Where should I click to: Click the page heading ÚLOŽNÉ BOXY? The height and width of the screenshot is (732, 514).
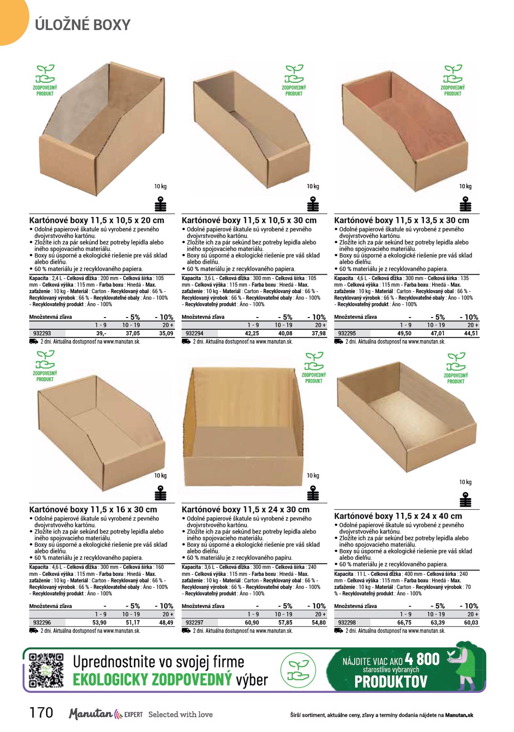pos(83,25)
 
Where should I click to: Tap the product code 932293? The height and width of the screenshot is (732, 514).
pos(42,333)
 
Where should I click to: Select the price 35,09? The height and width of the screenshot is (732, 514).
pos(166,333)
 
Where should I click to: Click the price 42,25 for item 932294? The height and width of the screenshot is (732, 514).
pos(252,333)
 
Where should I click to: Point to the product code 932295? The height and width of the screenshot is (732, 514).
pos(347,333)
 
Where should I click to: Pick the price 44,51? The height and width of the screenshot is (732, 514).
pos(471,333)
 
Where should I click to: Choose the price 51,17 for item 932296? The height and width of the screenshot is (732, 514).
pos(133,622)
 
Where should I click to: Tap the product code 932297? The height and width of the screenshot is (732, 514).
pos(194,622)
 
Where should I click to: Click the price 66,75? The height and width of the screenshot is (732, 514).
pos(404,622)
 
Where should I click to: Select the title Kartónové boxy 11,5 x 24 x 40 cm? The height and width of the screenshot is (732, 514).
pos(398,516)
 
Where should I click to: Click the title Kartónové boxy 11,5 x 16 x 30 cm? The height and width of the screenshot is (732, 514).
pos(93,510)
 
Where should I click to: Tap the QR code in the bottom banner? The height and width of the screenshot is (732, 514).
pos(46,670)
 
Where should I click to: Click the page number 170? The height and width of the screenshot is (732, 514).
pos(41,713)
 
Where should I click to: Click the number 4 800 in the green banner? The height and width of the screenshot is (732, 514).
pos(422,659)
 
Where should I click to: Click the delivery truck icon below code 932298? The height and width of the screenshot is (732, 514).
pos(338,631)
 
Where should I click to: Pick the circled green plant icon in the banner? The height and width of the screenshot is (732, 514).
pos(298,670)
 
